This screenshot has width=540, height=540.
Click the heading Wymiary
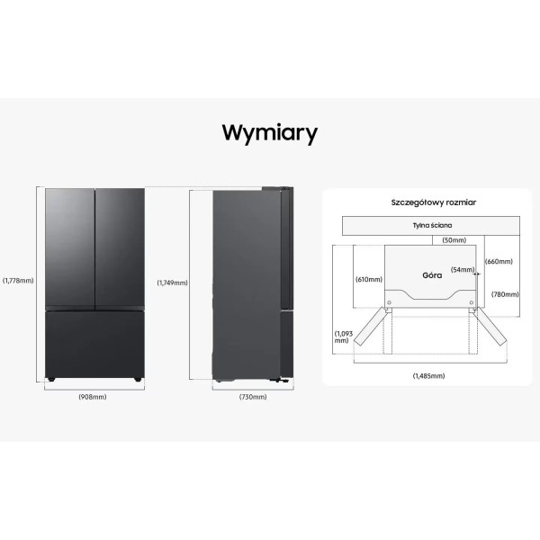pos(269,133)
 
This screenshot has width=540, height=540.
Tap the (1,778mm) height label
pos(18,280)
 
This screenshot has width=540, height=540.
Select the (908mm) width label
pos(94,398)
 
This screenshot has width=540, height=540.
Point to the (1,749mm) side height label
pos(172,283)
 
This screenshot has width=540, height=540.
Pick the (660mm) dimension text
pos(499,262)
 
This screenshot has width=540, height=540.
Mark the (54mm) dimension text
pos(463,270)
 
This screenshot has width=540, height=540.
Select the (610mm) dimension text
pos(368,279)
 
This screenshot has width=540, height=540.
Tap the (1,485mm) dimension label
pos(428,375)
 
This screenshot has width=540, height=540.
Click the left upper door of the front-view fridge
pos(70,247)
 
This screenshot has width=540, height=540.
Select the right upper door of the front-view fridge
pos(119,247)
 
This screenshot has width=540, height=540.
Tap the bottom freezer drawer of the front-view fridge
pos(94,344)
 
